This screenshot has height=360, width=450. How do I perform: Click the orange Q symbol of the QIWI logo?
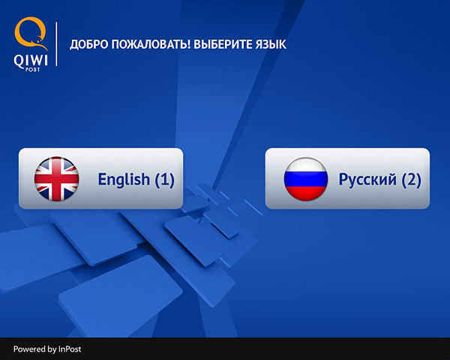(31, 33)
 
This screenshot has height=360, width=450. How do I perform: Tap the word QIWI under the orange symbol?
(31, 61)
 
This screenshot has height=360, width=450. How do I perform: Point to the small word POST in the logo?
(32, 70)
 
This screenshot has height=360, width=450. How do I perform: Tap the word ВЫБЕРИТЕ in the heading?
(223, 44)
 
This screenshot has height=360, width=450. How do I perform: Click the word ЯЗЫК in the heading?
(271, 44)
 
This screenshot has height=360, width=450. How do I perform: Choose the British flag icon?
(56, 178)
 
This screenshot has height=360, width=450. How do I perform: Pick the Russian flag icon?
(306, 178)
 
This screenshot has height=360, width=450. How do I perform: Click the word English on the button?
(124, 180)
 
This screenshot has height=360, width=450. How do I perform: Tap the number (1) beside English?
(164, 180)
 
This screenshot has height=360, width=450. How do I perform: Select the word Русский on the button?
(367, 180)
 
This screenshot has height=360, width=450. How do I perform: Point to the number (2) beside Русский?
(411, 180)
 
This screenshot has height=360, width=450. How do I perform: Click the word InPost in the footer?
(70, 349)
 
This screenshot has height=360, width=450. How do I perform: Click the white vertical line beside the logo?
(56, 44)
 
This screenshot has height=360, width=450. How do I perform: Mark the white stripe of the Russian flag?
(306, 164)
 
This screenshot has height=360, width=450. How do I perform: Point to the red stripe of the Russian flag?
(306, 193)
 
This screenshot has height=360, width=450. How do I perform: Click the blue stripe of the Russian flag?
(306, 178)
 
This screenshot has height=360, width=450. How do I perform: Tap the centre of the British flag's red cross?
(56, 178)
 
